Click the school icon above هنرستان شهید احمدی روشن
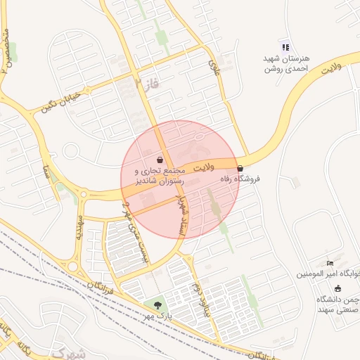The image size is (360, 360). click(x=285, y=47)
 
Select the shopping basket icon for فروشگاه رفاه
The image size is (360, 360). click(x=241, y=169)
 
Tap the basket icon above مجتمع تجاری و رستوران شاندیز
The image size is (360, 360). click(x=160, y=160)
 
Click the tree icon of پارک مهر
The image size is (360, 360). click(x=157, y=305)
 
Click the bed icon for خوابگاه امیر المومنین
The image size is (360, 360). click(x=331, y=263)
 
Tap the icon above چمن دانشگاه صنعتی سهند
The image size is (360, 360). click(x=337, y=288)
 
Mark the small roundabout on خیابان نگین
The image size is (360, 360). click(x=70, y=151)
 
